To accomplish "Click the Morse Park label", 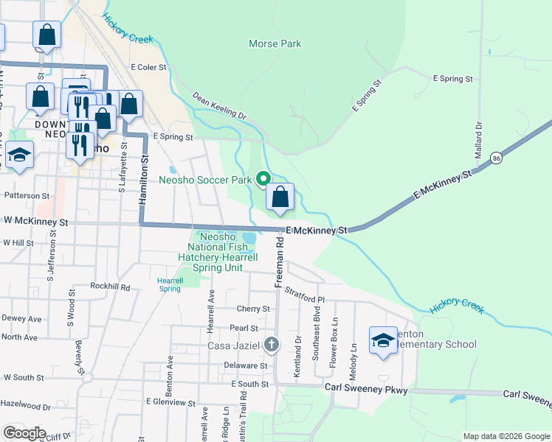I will (275, 44).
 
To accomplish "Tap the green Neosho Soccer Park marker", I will (263, 178).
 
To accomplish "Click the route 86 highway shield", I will (497, 158).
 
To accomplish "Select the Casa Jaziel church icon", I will (272, 345).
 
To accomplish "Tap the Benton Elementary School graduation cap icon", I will (383, 340).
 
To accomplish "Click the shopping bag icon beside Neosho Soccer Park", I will (280, 197).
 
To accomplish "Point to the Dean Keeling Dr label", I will (218, 106).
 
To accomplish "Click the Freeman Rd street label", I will (279, 262).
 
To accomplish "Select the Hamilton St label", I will (145, 180).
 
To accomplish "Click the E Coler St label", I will (149, 67).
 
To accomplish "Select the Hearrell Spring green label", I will (170, 284).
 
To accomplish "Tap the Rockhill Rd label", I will (110, 287).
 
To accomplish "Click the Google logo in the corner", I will (24, 433).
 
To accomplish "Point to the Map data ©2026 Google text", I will (506, 436).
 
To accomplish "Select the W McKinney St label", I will (35, 221).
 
